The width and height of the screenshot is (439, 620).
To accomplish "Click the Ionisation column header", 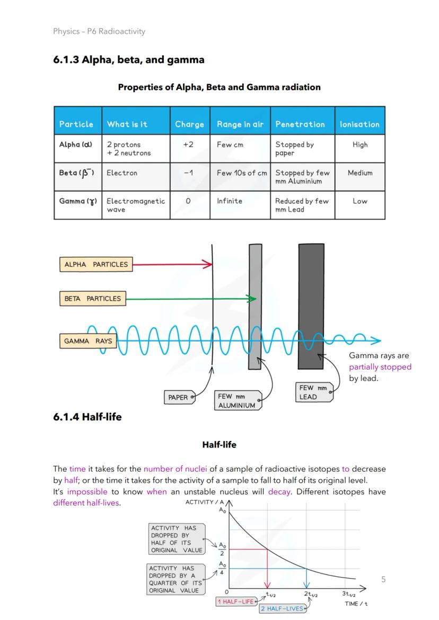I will [359, 124].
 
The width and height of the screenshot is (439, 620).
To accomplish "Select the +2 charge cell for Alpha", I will [188, 145].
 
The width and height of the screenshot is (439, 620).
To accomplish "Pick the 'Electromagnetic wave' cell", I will [135, 205].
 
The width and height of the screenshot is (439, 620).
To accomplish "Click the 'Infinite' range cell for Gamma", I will [229, 201].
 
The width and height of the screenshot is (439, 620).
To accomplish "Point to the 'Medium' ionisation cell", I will [359, 173].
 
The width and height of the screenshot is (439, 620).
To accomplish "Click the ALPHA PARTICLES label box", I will [95, 264].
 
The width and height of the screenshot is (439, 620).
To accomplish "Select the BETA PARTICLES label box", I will [92, 299].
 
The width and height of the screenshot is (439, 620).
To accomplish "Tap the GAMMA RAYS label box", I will [88, 341].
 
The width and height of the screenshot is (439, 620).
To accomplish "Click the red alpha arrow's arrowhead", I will [208, 264].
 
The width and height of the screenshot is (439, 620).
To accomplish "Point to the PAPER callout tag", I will [179, 397].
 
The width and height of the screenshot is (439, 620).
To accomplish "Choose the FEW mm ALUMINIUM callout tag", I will [236, 401].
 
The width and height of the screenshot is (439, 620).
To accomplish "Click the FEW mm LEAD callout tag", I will [314, 392].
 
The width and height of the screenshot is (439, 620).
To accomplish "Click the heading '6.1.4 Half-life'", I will [87, 417].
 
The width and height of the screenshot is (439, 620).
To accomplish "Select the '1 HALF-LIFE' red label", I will [236, 602].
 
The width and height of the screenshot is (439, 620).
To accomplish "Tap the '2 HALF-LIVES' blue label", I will [283, 609].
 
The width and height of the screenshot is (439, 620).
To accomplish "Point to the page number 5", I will [383, 579].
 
